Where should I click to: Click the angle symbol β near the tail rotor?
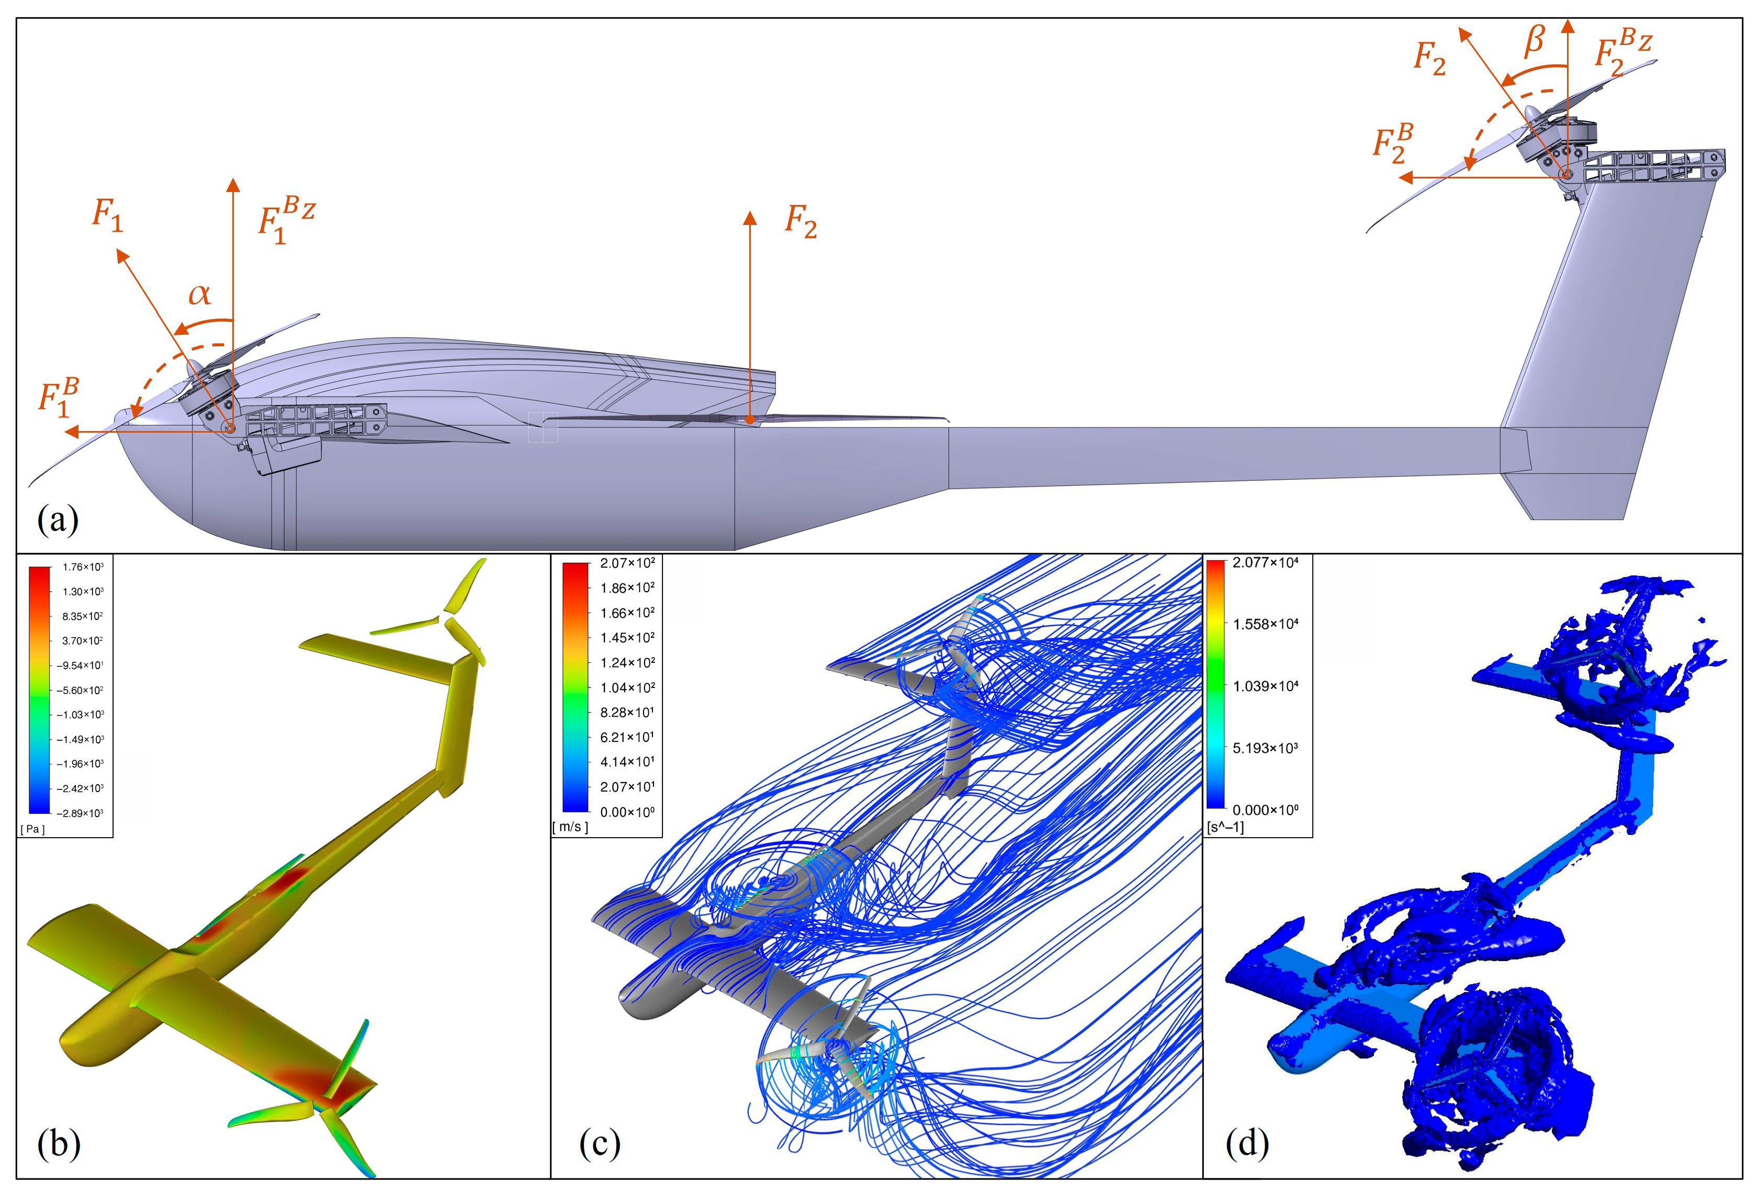(1534, 41)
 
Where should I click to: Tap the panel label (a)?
(58, 520)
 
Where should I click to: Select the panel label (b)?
(58, 1144)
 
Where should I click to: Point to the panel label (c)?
(599, 1144)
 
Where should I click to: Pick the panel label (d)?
(1247, 1144)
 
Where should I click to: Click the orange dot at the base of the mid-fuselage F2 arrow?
(749, 420)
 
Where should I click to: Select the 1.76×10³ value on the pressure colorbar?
(83, 567)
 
